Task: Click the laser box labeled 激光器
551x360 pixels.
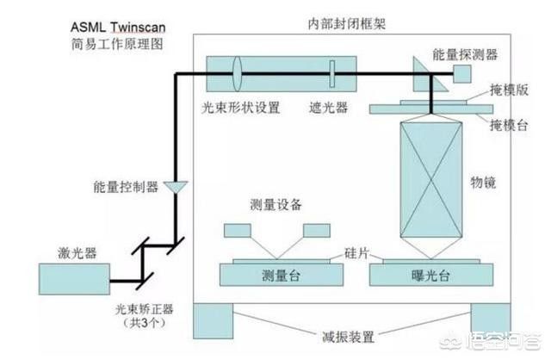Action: click(74, 279)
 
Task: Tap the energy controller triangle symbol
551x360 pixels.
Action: click(176, 186)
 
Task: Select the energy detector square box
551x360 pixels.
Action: click(461, 74)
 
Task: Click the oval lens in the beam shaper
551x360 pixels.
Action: click(237, 74)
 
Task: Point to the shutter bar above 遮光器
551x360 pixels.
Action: click(331, 74)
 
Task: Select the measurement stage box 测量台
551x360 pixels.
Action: click(282, 275)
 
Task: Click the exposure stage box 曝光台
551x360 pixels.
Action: click(431, 275)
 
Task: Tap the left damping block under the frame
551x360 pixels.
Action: click(213, 320)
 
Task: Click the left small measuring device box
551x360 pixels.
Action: click(238, 230)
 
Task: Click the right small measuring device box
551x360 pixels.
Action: click(317, 230)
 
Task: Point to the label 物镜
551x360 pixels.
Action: click(483, 183)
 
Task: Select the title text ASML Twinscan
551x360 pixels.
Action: click(118, 27)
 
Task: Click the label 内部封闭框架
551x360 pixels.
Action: click(347, 23)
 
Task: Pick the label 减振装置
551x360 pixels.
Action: click(348, 337)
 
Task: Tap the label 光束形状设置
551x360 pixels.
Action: click(241, 108)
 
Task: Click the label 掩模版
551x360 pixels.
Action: click(509, 90)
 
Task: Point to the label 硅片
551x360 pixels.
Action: click(356, 252)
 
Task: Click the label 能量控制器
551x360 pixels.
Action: click(126, 187)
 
